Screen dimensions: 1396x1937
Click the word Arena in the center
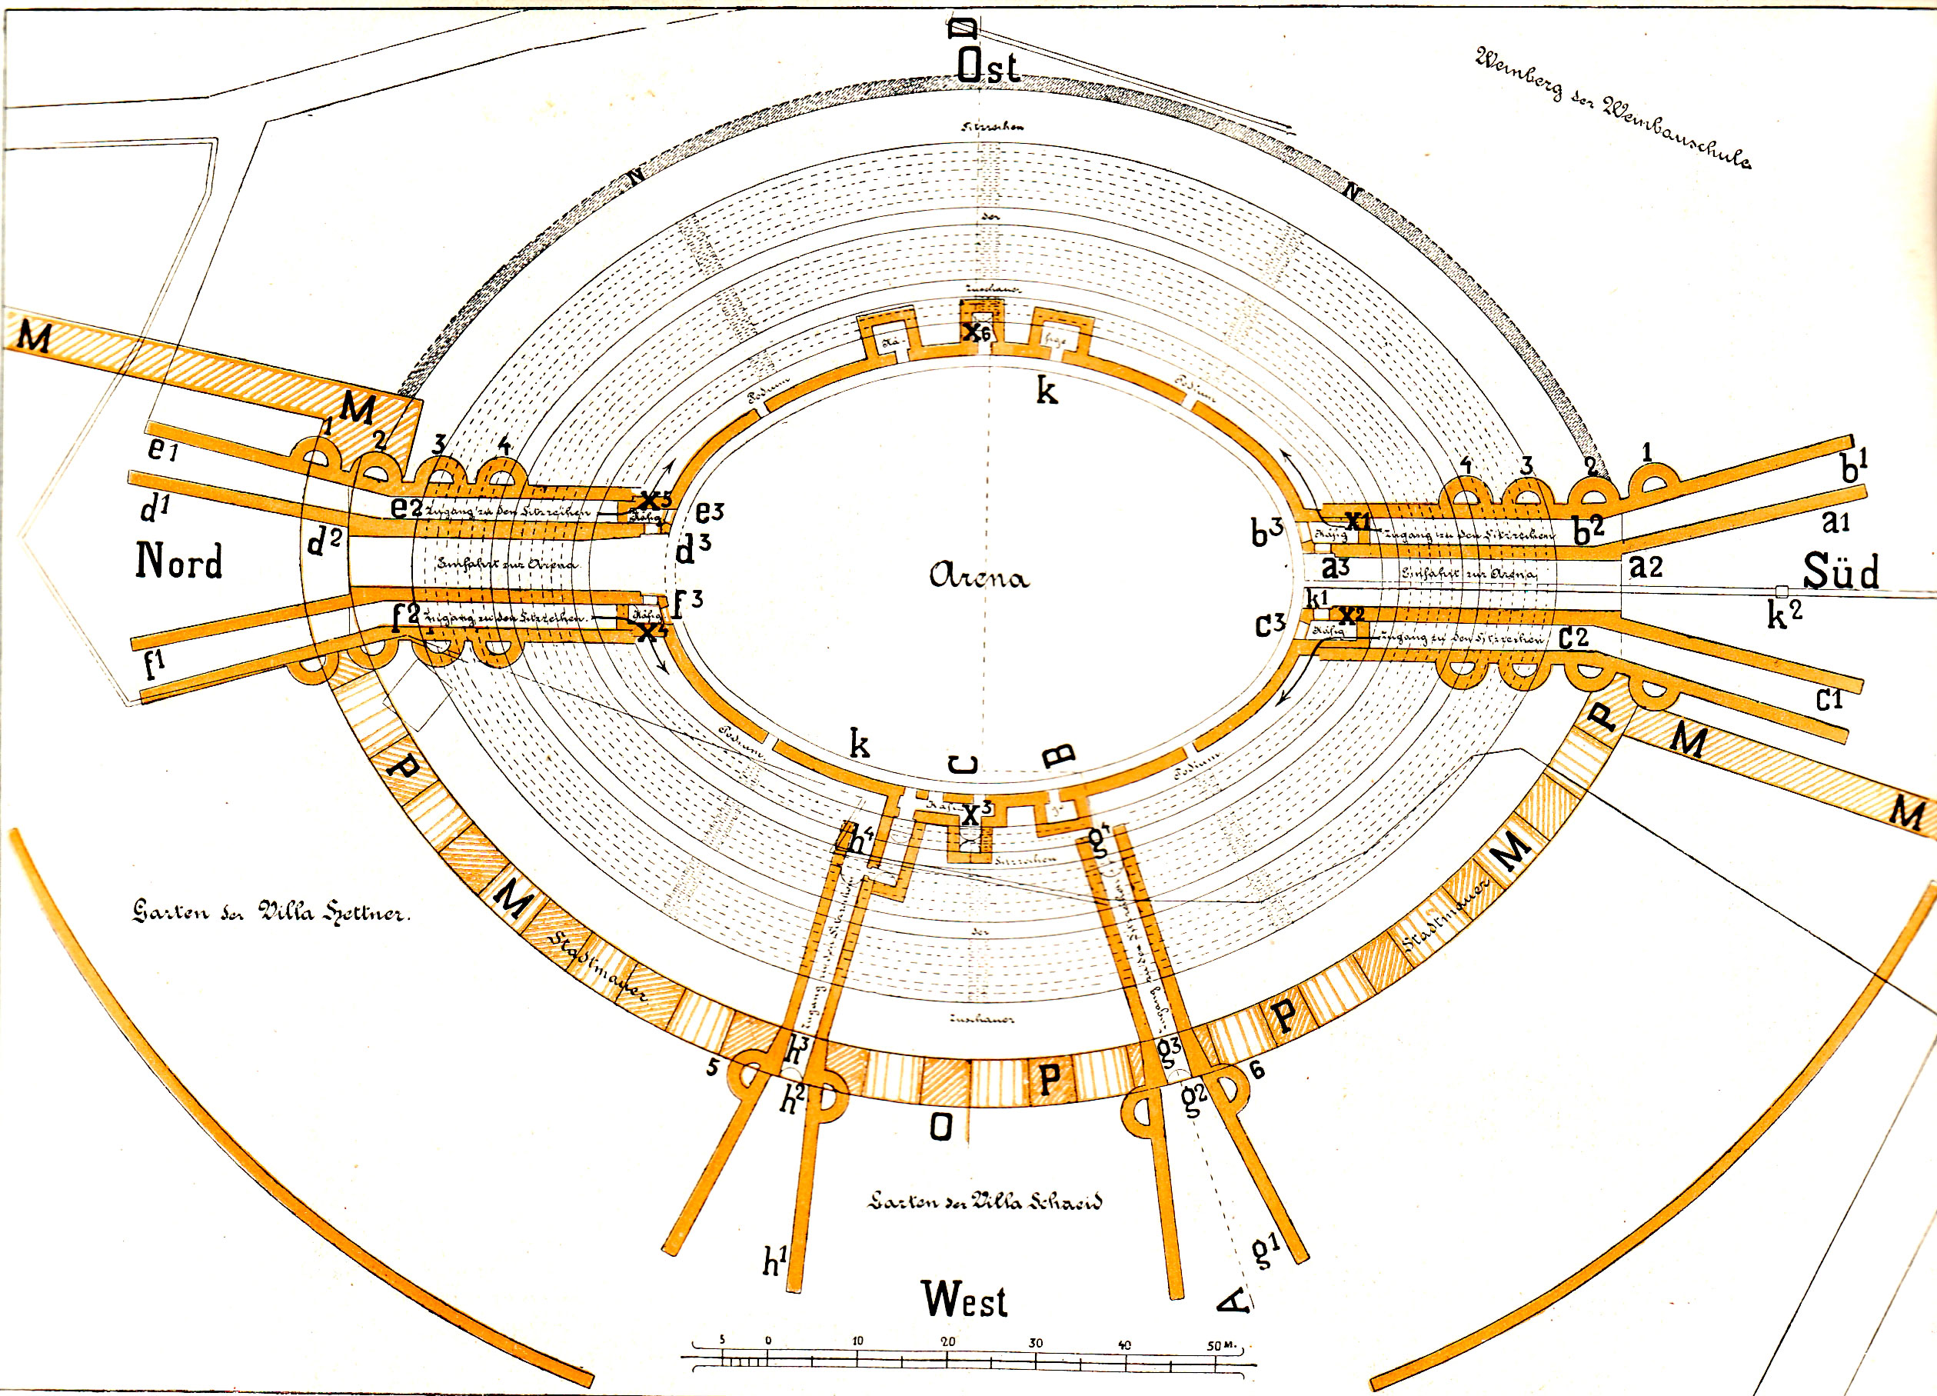[x=979, y=577]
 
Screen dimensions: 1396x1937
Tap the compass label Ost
[x=987, y=67]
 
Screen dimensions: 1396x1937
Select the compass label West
[x=964, y=1301]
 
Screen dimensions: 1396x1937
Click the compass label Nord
[x=179, y=561]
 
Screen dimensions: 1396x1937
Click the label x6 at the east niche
[x=976, y=332]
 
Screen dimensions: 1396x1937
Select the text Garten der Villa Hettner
[x=271, y=911]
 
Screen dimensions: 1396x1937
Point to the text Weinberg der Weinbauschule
[x=1613, y=107]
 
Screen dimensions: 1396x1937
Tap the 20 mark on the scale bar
[x=948, y=1341]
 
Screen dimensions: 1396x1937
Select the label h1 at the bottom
[x=774, y=1261]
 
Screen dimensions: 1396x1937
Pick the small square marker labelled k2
[x=1781, y=591]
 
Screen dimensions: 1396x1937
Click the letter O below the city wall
[x=940, y=1128]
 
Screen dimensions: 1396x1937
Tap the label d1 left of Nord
[x=155, y=508]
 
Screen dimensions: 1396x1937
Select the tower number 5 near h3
[x=712, y=1067]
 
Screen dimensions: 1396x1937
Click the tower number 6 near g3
[x=1256, y=1070]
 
